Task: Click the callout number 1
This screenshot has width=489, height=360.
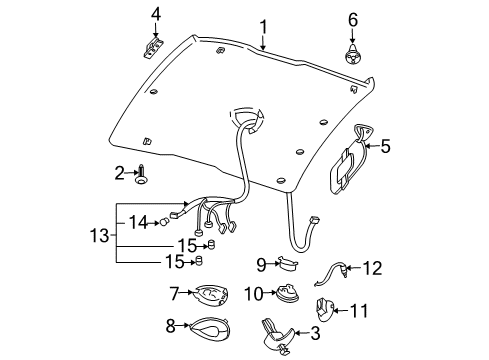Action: pyautogui.click(x=263, y=27)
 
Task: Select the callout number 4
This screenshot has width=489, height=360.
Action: pyautogui.click(x=156, y=13)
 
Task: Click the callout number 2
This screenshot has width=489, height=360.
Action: pyautogui.click(x=119, y=173)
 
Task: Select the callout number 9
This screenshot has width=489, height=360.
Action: pyautogui.click(x=260, y=265)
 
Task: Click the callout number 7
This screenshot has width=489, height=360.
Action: pyautogui.click(x=173, y=294)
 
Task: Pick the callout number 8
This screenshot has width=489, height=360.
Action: pyautogui.click(x=172, y=326)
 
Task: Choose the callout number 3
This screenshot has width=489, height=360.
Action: pyautogui.click(x=315, y=333)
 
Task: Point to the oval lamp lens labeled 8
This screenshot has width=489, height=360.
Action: pyautogui.click(x=207, y=327)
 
